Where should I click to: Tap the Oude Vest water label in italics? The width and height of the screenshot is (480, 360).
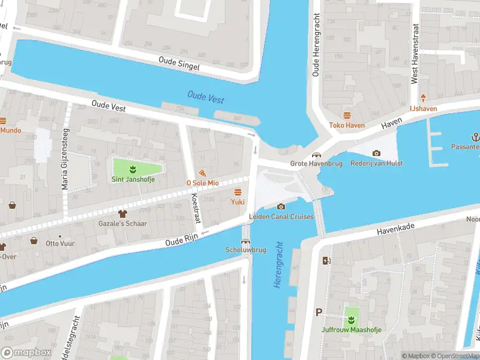pyautogui.click(x=206, y=96)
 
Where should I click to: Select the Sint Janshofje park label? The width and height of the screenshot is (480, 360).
pyautogui.click(x=132, y=179)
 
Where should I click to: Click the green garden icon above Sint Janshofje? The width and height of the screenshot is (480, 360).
pyautogui.click(x=133, y=168)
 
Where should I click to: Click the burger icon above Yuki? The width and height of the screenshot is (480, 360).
pyautogui.click(x=238, y=192)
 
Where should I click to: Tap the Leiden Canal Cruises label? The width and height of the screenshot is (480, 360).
pyautogui.click(x=281, y=217)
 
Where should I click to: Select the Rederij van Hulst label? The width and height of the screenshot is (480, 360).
pyautogui.click(x=377, y=163)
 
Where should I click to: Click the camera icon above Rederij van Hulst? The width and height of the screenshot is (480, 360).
pyautogui.click(x=376, y=154)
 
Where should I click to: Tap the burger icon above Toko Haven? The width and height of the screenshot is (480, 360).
pyautogui.click(x=347, y=115)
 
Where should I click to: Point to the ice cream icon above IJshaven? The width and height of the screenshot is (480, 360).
pyautogui.click(x=423, y=98)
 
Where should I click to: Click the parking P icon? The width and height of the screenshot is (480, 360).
pyautogui.click(x=319, y=312)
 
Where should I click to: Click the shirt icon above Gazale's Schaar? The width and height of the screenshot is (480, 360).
pyautogui.click(x=123, y=213)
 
